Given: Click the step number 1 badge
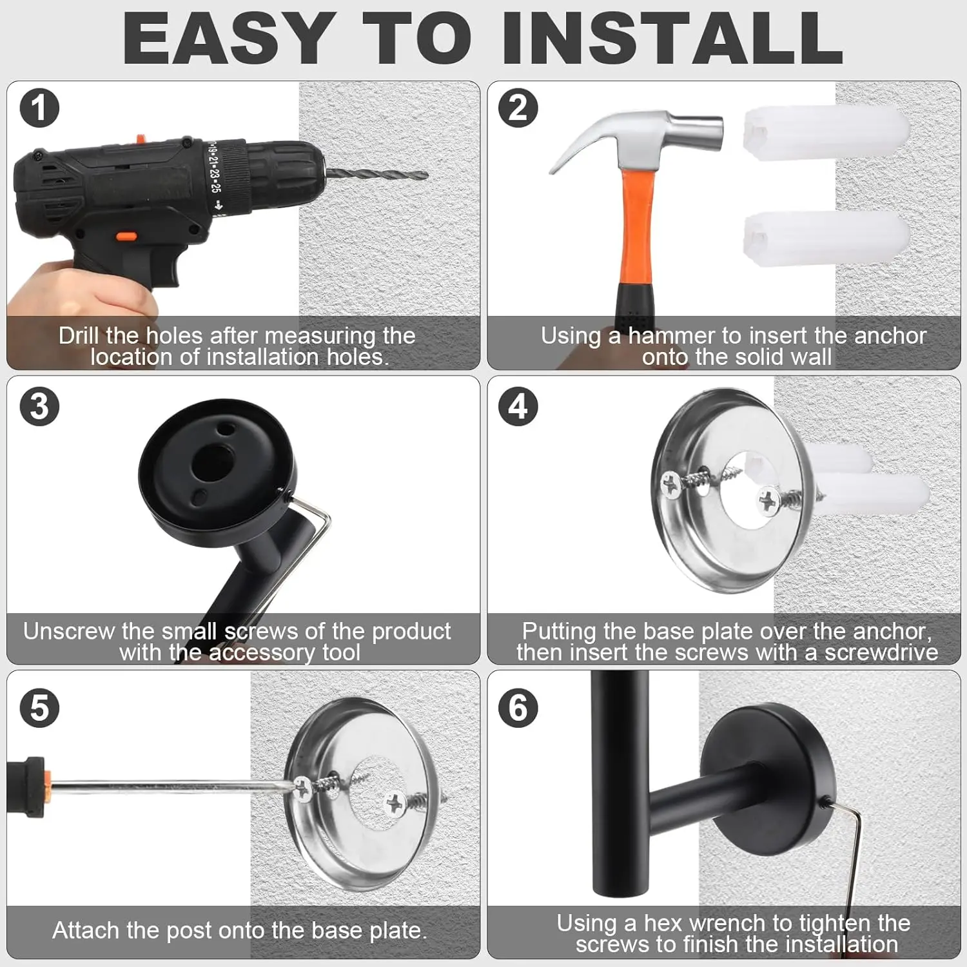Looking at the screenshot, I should click(39, 108).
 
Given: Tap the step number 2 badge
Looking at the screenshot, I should click(518, 108).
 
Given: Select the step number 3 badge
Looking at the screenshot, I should click(39, 407).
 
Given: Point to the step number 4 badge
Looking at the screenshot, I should click(518, 407).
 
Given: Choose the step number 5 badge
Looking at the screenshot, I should click(39, 708).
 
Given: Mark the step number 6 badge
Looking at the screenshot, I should click(518, 708).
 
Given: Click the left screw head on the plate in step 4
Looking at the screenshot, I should click(670, 485).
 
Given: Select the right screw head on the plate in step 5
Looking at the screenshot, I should click(394, 803).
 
